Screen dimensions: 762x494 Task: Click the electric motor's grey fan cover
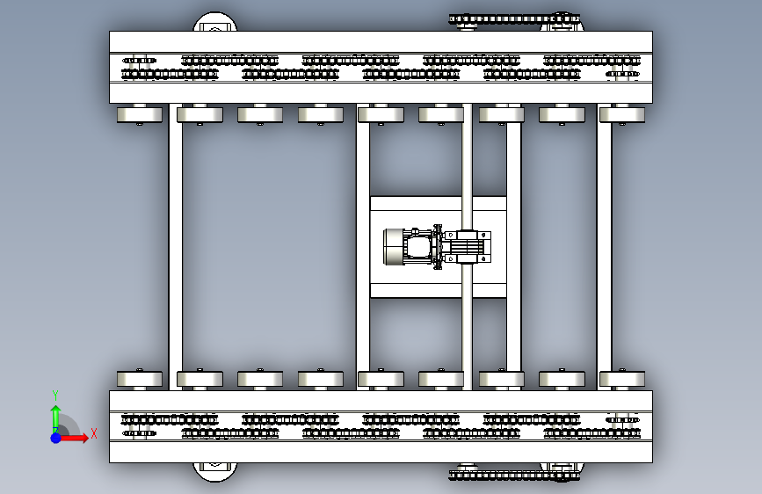[x=392, y=247]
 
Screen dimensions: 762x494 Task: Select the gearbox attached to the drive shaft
[x=466, y=246]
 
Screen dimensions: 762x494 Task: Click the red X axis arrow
[x=76, y=437]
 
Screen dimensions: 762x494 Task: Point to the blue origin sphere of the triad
[x=55, y=437]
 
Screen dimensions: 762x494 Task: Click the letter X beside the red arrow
[x=93, y=432]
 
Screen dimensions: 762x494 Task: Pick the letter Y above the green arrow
[x=54, y=396]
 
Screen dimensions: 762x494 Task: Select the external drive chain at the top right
[x=514, y=18]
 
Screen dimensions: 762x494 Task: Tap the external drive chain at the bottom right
[x=514, y=476]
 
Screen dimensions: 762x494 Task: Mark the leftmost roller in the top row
[x=139, y=114]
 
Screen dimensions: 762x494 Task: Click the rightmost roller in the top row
[x=621, y=114]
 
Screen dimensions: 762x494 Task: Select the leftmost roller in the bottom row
[x=139, y=379]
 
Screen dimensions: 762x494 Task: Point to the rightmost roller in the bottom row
[x=621, y=379]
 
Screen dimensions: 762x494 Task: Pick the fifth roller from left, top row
[x=381, y=114]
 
